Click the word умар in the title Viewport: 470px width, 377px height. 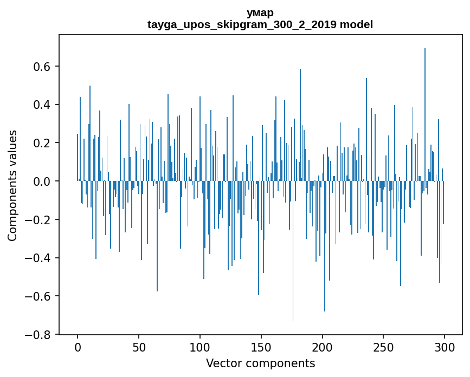click(x=260, y=12)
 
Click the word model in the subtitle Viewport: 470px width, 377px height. click(x=356, y=24)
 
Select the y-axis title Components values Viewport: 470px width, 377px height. click(x=12, y=185)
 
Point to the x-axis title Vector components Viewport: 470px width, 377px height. click(x=260, y=363)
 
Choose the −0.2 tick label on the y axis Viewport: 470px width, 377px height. click(x=40, y=220)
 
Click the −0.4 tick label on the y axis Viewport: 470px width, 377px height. click(x=40, y=258)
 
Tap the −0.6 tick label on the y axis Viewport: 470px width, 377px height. click(x=40, y=296)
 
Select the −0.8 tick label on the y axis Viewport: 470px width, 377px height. click(x=40, y=335)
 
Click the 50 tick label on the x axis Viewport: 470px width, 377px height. click(x=139, y=347)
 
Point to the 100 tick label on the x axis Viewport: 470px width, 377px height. click(x=200, y=347)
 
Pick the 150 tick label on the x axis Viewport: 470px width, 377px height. click(x=261, y=347)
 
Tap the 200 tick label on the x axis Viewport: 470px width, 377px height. click(x=323, y=347)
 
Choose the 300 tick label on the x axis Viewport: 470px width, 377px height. click(x=445, y=347)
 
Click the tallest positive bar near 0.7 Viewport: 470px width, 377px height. click(x=425, y=108)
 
